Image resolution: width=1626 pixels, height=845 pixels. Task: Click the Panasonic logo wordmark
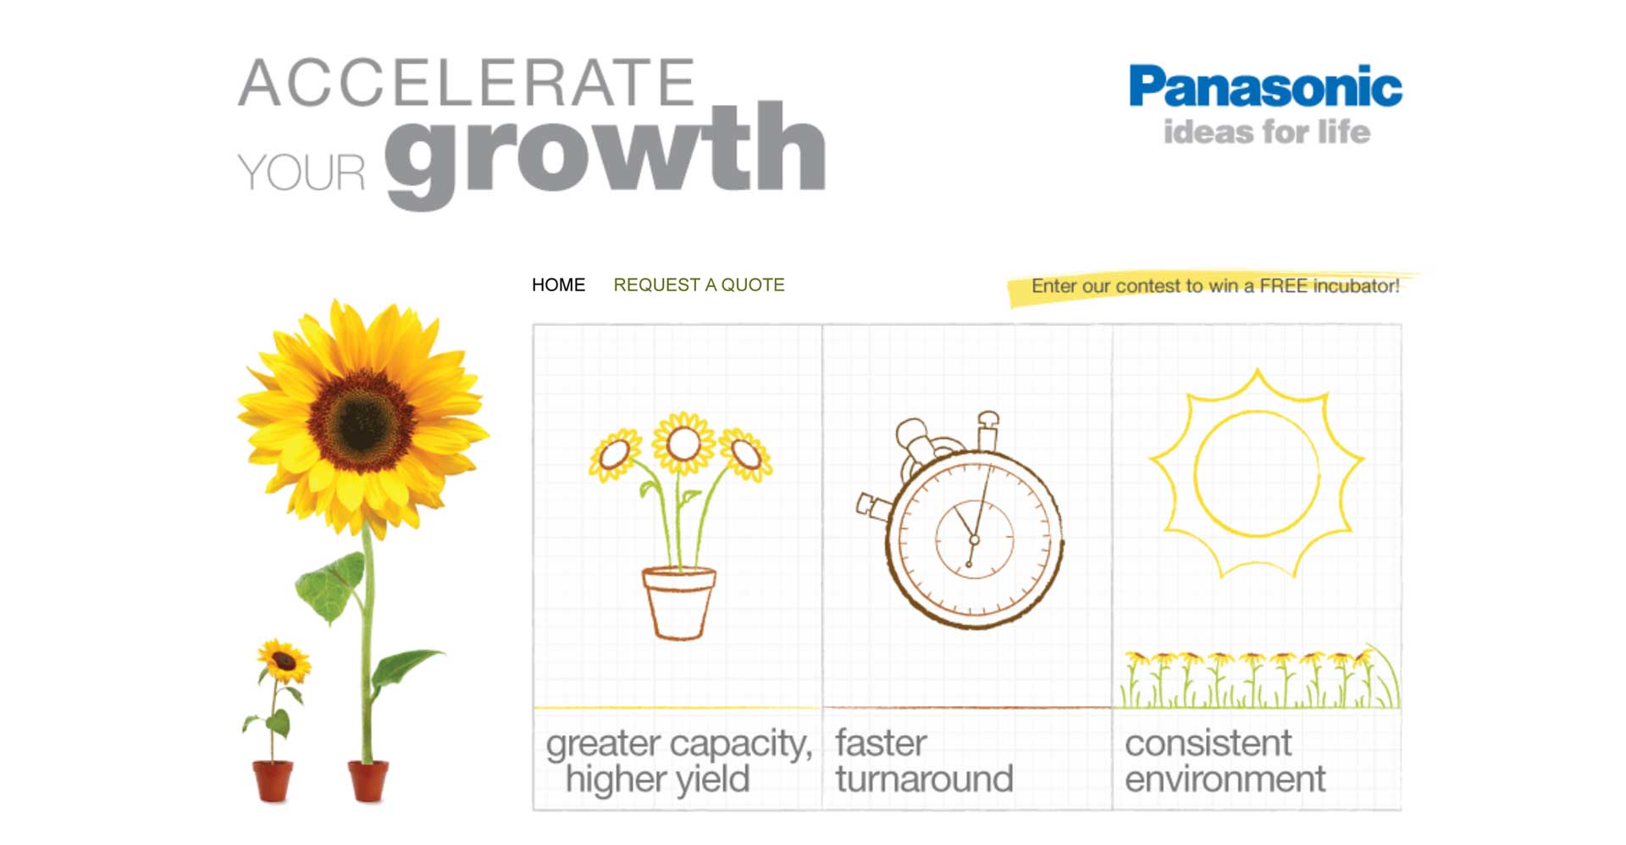(1265, 86)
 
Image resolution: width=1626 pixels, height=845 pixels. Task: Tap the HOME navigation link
(558, 285)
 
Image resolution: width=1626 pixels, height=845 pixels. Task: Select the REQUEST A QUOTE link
(699, 285)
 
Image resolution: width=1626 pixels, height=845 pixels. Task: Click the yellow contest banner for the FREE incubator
(1214, 286)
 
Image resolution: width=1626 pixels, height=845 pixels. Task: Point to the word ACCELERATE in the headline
(467, 83)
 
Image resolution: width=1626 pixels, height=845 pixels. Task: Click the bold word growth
(606, 152)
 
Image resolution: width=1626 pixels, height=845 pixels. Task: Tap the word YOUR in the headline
(301, 173)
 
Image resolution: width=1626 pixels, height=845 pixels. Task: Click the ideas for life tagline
(1266, 132)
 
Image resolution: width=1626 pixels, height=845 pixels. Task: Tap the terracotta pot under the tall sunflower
(368, 781)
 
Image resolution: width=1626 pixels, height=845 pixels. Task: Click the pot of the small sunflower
(273, 781)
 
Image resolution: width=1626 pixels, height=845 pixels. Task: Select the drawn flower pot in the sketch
(678, 603)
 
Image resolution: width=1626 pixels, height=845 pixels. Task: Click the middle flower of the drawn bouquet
(683, 443)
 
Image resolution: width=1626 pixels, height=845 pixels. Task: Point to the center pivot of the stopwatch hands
(975, 539)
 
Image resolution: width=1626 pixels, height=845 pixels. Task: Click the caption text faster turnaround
(924, 760)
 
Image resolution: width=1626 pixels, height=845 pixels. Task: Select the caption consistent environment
(1225, 760)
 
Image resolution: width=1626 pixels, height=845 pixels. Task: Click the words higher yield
(658, 779)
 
